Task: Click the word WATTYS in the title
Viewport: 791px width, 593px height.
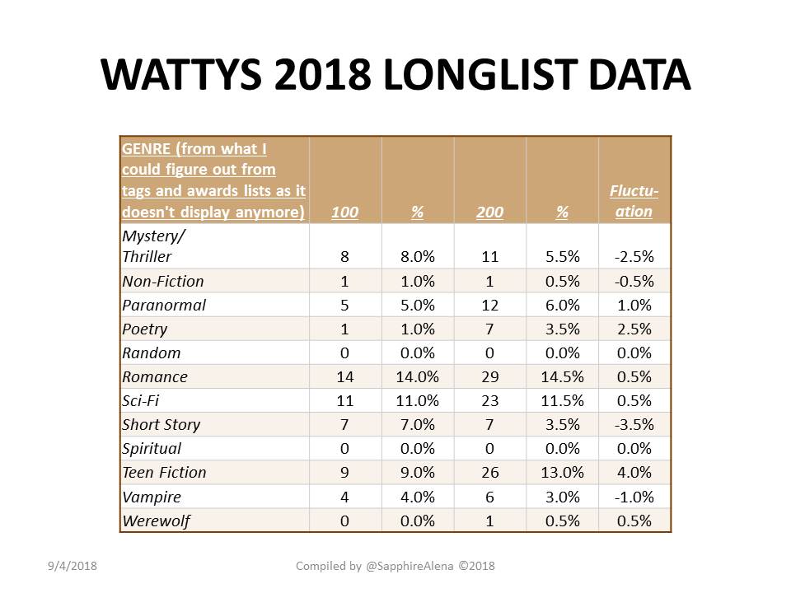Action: point(181,75)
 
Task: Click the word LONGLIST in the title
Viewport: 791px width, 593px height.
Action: point(480,75)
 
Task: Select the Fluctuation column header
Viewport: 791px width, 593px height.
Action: point(634,201)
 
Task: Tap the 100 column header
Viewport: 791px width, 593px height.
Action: point(344,212)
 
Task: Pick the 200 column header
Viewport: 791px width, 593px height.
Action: point(489,212)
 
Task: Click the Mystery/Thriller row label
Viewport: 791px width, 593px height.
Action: point(153,246)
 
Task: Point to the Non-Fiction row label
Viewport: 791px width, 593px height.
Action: point(163,281)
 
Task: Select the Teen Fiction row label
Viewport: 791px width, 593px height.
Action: point(165,473)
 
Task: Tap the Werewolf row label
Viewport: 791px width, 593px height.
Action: point(157,521)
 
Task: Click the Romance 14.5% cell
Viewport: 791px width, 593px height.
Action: point(562,376)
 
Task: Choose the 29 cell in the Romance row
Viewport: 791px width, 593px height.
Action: point(489,376)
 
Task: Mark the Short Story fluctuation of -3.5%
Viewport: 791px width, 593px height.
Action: point(634,425)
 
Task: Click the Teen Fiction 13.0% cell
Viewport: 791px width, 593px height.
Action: point(562,473)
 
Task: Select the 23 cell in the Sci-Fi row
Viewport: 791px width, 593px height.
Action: point(489,401)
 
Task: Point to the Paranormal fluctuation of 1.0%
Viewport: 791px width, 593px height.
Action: point(634,305)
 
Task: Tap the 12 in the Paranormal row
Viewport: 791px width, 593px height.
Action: point(489,305)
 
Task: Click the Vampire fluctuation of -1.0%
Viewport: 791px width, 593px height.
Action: point(634,497)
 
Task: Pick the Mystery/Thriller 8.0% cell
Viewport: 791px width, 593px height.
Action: point(417,257)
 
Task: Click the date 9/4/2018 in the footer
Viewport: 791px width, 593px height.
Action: point(73,566)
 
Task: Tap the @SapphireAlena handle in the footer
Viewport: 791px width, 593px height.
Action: point(410,567)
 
